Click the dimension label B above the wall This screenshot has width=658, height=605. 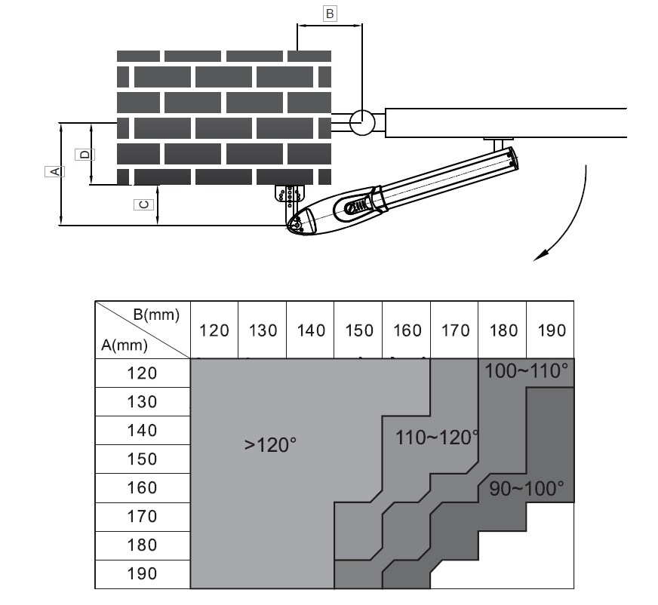[x=329, y=14]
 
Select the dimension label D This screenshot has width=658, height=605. [x=85, y=154]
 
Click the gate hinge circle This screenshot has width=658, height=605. [x=362, y=121]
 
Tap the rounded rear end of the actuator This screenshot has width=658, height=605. [x=299, y=223]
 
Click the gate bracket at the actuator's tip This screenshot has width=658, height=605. [x=499, y=143]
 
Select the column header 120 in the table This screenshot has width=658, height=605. [x=214, y=330]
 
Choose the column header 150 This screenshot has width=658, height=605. [x=358, y=330]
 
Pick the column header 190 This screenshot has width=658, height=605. [x=550, y=330]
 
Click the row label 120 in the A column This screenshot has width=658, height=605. [x=142, y=373]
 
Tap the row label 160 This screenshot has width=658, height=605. [x=142, y=488]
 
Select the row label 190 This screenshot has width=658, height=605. [x=142, y=574]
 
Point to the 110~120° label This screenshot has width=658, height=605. [x=437, y=438]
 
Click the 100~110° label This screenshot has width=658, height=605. [x=526, y=371]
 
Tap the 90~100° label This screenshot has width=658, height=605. [x=526, y=488]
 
